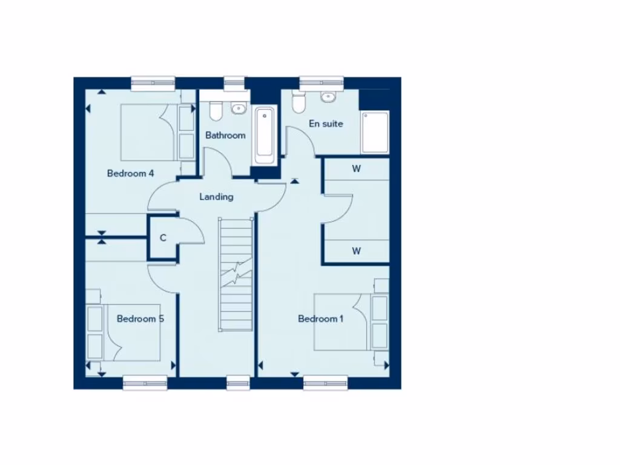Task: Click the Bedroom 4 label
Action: [x=130, y=174]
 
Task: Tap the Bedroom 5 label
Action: [x=140, y=318]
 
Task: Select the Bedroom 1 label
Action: [x=320, y=319]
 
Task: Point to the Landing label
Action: [x=216, y=197]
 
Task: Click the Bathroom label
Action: [x=225, y=135]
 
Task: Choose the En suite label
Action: [x=326, y=124]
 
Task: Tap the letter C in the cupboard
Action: [x=163, y=238]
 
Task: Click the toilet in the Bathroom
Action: [x=216, y=110]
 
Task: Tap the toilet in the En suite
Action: [x=297, y=102]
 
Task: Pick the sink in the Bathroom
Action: [x=239, y=109]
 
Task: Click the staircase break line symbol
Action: [x=236, y=274]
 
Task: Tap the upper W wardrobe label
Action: [x=356, y=169]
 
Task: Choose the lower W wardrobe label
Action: [x=356, y=251]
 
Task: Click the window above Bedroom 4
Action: [x=153, y=83]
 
